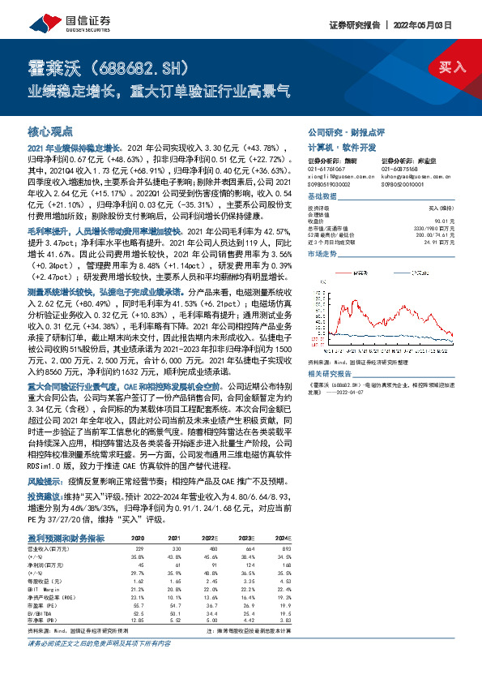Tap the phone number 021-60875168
point(403,168)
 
